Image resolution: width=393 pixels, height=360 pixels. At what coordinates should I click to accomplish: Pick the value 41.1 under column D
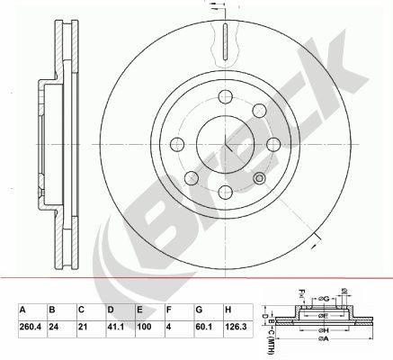(113, 328)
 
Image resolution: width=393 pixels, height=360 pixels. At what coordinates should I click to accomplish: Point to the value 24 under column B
(54, 328)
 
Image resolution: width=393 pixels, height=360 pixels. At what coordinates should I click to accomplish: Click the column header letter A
(22, 310)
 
